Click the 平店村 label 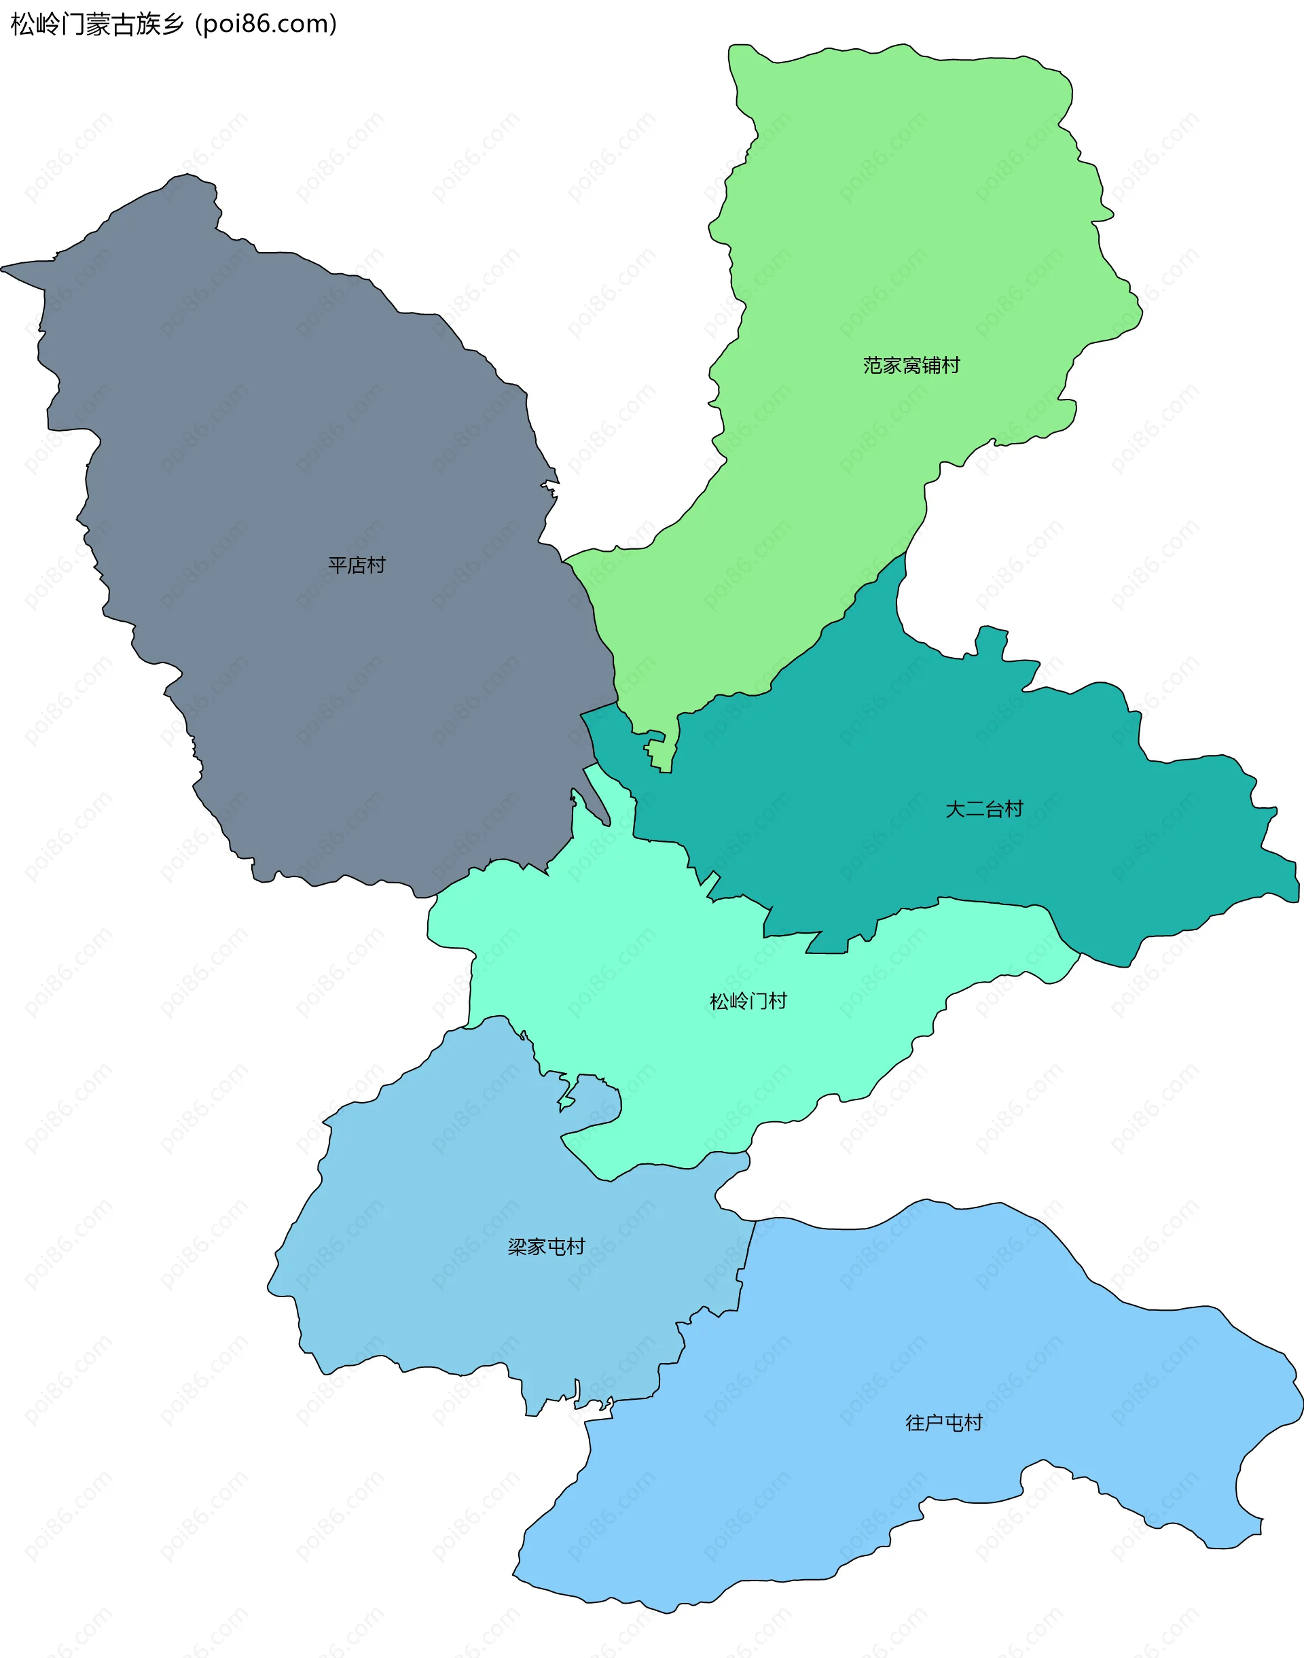pyautogui.click(x=357, y=565)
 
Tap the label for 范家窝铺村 pyautogui.click(x=911, y=366)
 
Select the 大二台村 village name pyautogui.click(x=984, y=809)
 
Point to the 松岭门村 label pyautogui.click(x=748, y=1001)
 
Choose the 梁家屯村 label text pyautogui.click(x=546, y=1246)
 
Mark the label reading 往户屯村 pyautogui.click(x=943, y=1423)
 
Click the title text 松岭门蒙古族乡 pyautogui.click(x=98, y=24)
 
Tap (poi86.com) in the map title pyautogui.click(x=266, y=24)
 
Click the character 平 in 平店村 pyautogui.click(x=338, y=565)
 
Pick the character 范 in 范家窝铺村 pyautogui.click(x=873, y=366)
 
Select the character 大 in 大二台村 pyautogui.click(x=955, y=809)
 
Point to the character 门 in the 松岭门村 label pyautogui.click(x=758, y=1001)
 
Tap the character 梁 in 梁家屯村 pyautogui.click(x=517, y=1246)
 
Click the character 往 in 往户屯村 pyautogui.click(x=915, y=1423)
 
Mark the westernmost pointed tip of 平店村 pyautogui.click(x=2, y=268)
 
